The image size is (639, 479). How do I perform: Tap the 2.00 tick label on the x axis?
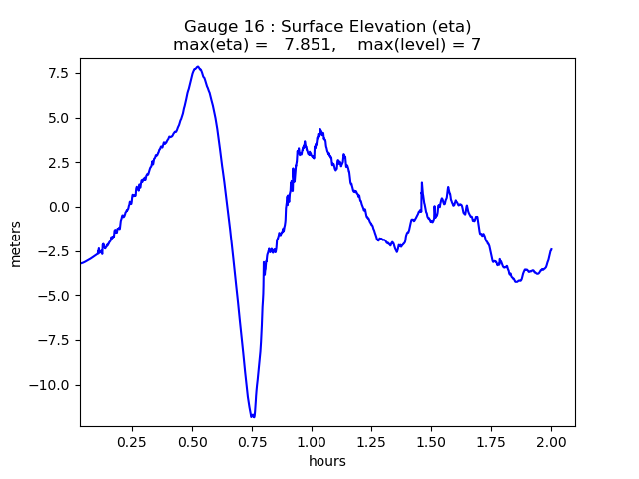pos(551,441)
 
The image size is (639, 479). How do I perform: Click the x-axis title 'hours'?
pos(327,461)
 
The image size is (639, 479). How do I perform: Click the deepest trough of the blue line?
pos(253,416)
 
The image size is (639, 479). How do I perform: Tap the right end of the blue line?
pos(551,249)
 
